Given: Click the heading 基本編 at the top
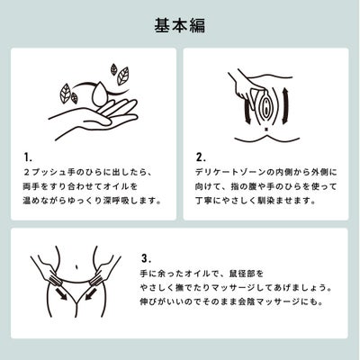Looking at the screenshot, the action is pos(180,25).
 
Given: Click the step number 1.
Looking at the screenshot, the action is pos(28,157).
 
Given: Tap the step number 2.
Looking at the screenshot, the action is pos(201,157).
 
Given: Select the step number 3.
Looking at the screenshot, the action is pos(146,258).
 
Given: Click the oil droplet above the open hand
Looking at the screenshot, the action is pos(99,94).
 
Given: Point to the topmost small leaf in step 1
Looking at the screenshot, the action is pos(114,69).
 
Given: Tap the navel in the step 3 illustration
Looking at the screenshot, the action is pos(77,265).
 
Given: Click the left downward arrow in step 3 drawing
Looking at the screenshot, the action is pos(61,293).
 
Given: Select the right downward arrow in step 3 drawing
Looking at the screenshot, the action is pos(91,293).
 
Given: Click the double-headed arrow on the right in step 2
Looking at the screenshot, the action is pos(285,105).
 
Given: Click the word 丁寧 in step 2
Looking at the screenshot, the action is pos(204,201).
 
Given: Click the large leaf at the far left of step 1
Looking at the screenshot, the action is pos(66,94).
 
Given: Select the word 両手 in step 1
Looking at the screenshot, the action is pos(31,186).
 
